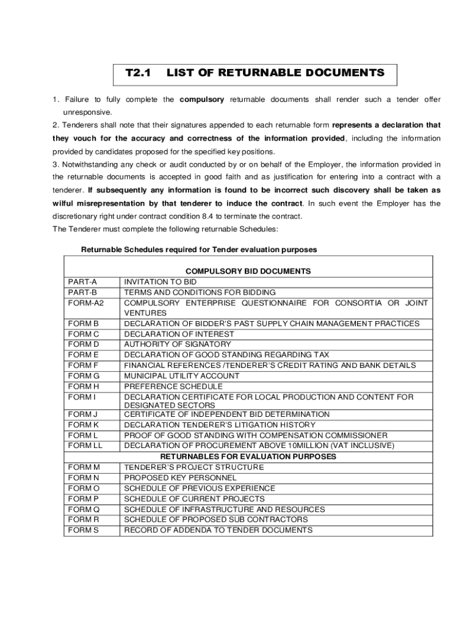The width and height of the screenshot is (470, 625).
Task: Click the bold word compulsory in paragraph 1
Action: [201, 99]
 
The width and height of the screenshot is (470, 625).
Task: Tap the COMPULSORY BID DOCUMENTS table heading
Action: [248, 271]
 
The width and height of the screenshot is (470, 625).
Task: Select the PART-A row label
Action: [82, 282]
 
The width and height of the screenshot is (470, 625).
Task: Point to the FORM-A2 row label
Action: [86, 303]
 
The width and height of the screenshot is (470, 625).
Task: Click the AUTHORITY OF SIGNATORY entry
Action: [178, 344]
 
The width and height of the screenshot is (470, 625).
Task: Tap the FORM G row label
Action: [84, 376]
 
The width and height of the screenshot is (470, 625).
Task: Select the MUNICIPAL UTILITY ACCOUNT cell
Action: [182, 376]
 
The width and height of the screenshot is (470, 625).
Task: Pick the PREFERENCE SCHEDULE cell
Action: [173, 386]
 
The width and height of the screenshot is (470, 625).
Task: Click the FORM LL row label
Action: [85, 446]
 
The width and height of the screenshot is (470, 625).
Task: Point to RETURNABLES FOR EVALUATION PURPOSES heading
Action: [248, 457]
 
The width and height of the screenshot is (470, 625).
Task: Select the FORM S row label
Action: [83, 530]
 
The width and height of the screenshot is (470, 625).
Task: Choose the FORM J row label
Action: [83, 414]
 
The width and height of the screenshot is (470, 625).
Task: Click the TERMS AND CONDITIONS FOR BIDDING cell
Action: [200, 292]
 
